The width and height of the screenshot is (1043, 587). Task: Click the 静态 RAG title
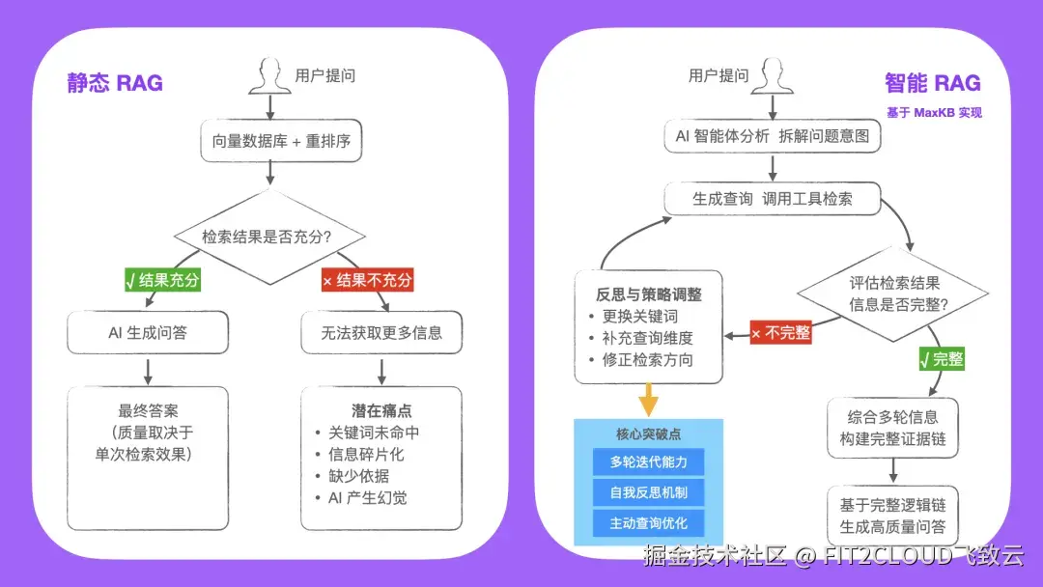point(115,83)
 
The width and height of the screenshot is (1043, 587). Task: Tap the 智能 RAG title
point(932,83)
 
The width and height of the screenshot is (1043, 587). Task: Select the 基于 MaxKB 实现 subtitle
point(934,113)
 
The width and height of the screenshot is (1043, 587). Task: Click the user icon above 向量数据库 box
point(269,75)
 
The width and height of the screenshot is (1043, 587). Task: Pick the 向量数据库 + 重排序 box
point(281,141)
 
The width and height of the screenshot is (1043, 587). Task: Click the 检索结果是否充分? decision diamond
point(270,237)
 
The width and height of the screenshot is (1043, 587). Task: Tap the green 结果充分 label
point(161,280)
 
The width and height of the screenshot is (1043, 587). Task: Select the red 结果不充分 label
point(367,280)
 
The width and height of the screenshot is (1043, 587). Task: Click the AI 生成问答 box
point(148,333)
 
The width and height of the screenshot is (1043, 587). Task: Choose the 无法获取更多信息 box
point(381,333)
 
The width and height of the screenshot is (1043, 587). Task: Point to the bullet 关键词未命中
point(374,433)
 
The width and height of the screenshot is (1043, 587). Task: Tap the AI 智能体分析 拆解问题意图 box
point(772,136)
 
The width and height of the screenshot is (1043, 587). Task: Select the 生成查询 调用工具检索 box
point(772,199)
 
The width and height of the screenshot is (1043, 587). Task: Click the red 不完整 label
point(780,333)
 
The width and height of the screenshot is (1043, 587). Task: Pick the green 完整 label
point(942,359)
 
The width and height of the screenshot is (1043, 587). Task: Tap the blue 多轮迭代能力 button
point(648,461)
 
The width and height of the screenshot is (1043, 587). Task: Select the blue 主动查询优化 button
point(648,523)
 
